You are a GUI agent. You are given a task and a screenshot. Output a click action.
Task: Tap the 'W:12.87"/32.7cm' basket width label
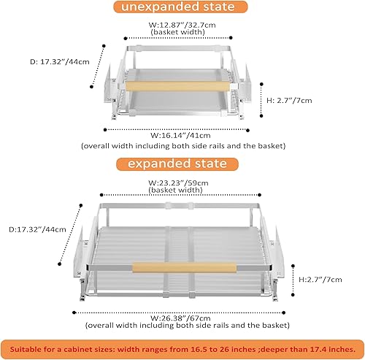(x=180, y=25)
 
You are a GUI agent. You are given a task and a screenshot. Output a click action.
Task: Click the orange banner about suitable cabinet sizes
(x=182, y=346)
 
